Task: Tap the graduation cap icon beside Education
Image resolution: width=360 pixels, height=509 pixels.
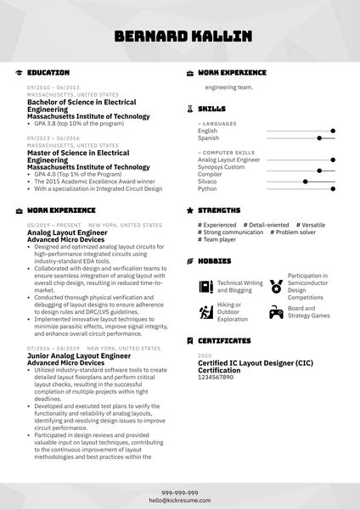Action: pyautogui.click(x=19, y=73)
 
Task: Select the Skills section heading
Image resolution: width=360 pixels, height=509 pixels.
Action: pyautogui.click(x=211, y=109)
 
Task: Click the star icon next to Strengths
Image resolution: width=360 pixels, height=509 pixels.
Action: pyautogui.click(x=190, y=210)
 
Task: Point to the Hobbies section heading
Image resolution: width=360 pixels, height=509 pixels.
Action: pyautogui.click(x=216, y=260)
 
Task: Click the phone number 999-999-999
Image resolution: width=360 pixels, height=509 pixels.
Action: pyautogui.click(x=180, y=492)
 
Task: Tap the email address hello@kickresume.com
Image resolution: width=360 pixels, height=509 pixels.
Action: pyautogui.click(x=180, y=501)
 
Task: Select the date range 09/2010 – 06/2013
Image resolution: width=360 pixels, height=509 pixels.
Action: pyautogui.click(x=53, y=87)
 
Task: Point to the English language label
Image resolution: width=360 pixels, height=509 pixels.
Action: pyautogui.click(x=208, y=131)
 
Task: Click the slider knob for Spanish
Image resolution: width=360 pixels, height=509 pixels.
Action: pyautogui.click(x=318, y=137)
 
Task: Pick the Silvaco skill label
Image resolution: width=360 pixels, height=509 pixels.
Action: pyautogui.click(x=208, y=182)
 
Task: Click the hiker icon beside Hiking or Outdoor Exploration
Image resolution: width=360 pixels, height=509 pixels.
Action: pyautogui.click(x=205, y=311)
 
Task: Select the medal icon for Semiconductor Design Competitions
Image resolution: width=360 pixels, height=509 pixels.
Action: pyautogui.click(x=276, y=286)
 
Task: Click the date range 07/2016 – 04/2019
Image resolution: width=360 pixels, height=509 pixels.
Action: pyautogui.click(x=53, y=349)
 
